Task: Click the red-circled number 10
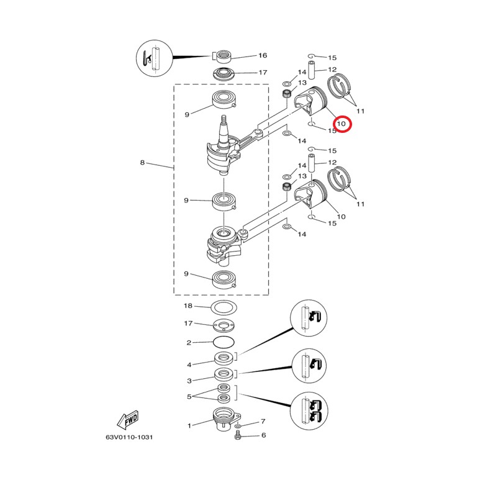click(x=341, y=124)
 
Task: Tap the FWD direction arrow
click(x=129, y=420)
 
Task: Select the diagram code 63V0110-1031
click(x=129, y=437)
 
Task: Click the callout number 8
click(x=142, y=162)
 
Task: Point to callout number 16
click(x=263, y=55)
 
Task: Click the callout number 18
click(x=188, y=306)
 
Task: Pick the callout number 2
click(x=189, y=343)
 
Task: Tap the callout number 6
click(x=263, y=435)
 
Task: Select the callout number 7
click(x=263, y=422)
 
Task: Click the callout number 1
click(x=189, y=425)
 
